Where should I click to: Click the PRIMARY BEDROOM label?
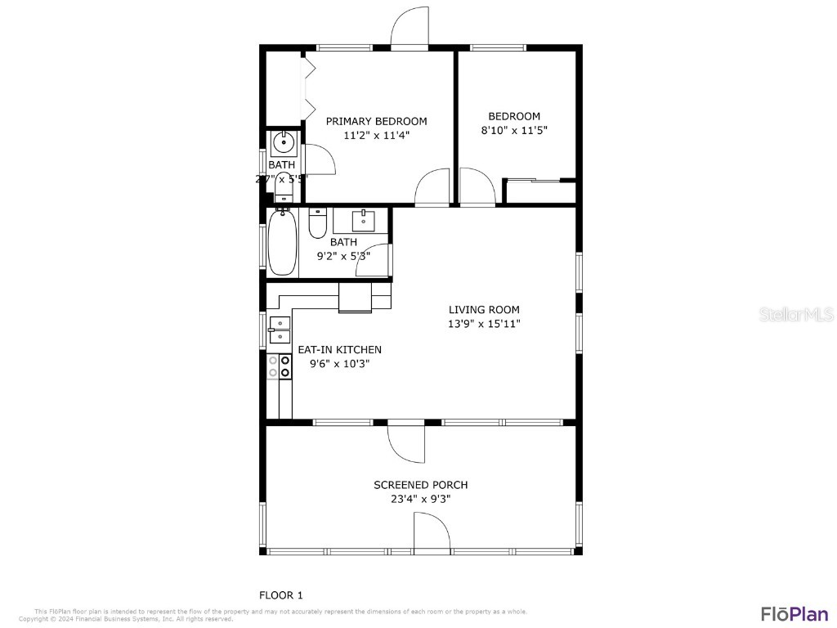point(376,121)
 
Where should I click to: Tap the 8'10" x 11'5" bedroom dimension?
point(514,129)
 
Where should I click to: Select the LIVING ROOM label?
point(484,309)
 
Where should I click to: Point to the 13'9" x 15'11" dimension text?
point(484,323)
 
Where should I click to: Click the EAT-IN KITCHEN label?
point(339,349)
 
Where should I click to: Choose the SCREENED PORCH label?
point(420,485)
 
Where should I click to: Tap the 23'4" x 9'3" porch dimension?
point(420,498)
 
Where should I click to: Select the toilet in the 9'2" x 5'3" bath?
point(318,222)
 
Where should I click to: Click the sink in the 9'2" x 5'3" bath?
point(364,220)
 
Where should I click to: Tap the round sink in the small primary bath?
point(283,144)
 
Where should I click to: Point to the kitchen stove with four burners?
point(280,366)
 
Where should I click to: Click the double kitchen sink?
point(280,329)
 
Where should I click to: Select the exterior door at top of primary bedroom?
point(410,29)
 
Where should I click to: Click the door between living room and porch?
point(406,441)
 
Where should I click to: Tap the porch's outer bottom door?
point(432,533)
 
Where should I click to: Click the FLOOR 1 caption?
point(280,595)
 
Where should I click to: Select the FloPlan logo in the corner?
point(794,613)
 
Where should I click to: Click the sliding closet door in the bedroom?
point(539,181)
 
